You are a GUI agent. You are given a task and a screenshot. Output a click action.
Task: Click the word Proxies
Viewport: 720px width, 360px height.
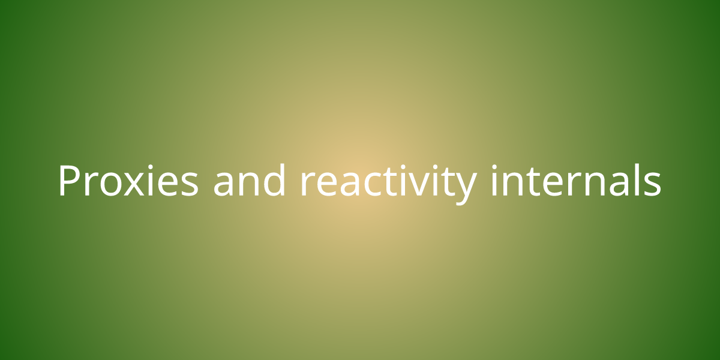click(x=128, y=180)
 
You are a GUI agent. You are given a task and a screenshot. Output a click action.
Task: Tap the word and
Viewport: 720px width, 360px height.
click(x=250, y=180)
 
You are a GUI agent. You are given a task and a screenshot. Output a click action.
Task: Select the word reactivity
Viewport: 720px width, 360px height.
click(x=388, y=184)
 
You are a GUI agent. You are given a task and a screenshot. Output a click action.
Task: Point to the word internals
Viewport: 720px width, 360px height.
click(x=575, y=180)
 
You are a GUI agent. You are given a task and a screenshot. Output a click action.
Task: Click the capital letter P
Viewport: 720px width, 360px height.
click(x=69, y=181)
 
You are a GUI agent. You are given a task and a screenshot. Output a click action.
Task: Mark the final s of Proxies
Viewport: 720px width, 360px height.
click(x=190, y=184)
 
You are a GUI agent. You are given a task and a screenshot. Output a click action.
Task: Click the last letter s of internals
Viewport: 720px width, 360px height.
click(x=653, y=184)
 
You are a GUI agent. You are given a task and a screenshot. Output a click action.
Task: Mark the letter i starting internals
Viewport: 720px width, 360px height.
click(x=494, y=180)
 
